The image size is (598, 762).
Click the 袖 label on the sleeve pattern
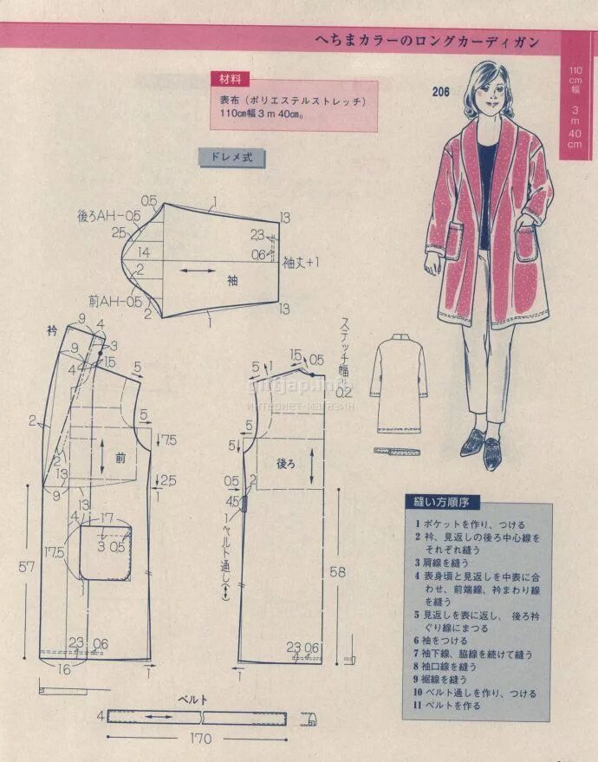click(232, 280)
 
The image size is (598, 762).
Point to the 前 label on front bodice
click(120, 459)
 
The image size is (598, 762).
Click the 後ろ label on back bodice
click(285, 465)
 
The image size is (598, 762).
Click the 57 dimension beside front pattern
click(29, 567)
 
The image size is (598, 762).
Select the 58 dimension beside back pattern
click(339, 573)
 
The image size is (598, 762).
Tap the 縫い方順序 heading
click(442, 503)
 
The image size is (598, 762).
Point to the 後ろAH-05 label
click(108, 215)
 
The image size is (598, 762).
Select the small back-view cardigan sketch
click(401, 385)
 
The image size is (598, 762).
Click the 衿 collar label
click(52, 330)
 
